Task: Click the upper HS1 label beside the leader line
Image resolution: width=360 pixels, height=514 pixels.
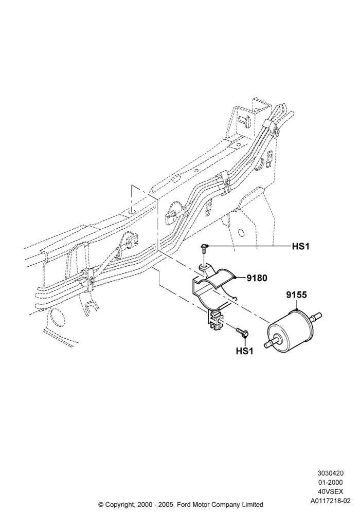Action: tap(301, 246)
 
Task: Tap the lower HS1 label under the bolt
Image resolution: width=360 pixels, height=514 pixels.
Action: tap(245, 351)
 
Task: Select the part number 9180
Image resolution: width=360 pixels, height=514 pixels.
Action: tap(257, 278)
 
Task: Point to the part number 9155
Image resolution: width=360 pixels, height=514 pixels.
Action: tap(296, 295)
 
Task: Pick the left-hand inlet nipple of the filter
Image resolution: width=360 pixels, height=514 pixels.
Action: tap(272, 343)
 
